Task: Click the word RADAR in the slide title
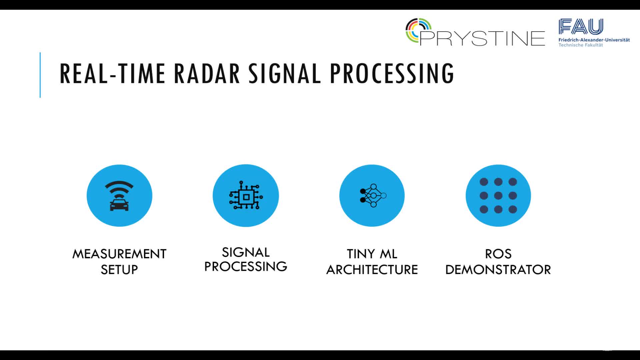(207, 73)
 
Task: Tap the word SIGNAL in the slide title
(285, 73)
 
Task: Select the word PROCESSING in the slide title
(392, 73)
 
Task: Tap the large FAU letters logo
(581, 26)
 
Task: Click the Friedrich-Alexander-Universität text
(594, 40)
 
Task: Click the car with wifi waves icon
(119, 196)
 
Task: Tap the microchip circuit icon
(246, 195)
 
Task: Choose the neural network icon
(373, 195)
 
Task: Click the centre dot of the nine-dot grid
(498, 196)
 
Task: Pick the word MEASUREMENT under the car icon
(119, 254)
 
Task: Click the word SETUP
(119, 270)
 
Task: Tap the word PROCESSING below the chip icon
(246, 266)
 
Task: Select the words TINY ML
(372, 254)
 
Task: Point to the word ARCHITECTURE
(372, 270)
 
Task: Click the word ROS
(498, 254)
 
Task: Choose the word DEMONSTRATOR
(498, 270)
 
